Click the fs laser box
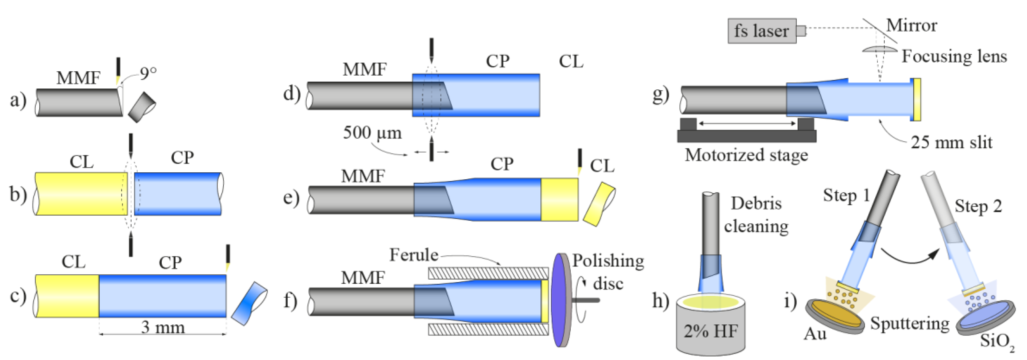coord(761,31)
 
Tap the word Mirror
coord(911,26)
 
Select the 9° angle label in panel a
coord(148,73)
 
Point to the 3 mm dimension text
coord(163,327)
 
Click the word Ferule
coord(414,255)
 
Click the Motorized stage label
coord(746,155)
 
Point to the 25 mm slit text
coord(951,142)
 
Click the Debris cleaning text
coord(756,215)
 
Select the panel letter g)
coord(661,95)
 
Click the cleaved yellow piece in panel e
coord(599,204)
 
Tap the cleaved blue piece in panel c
coord(249,304)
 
